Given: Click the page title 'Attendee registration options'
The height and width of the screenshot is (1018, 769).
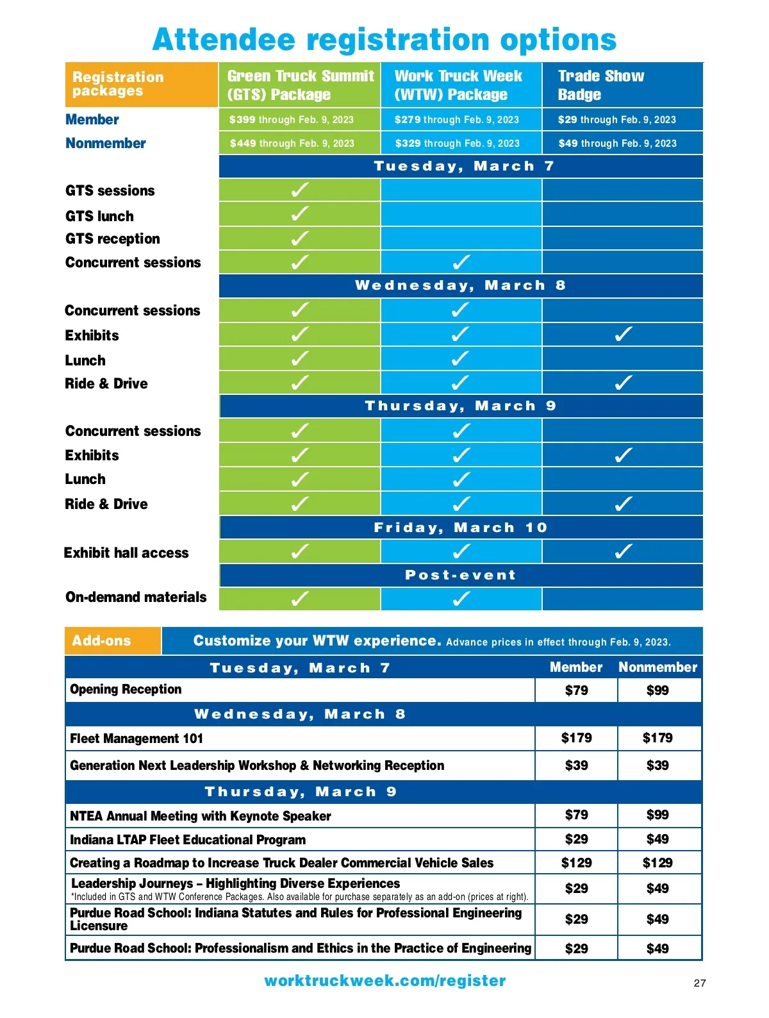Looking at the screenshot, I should (384, 40).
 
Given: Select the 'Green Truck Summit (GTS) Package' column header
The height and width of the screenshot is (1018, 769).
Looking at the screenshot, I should (300, 85).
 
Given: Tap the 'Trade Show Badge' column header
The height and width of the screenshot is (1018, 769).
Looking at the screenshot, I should (600, 85).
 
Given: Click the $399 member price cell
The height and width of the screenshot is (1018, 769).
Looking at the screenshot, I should (292, 120).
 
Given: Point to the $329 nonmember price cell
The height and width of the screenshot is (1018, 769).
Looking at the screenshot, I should (457, 144).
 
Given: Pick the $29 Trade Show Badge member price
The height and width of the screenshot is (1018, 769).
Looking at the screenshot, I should (616, 120).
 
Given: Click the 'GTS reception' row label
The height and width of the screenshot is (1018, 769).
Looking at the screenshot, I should (113, 239).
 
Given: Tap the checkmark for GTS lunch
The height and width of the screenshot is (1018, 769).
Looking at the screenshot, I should (299, 214).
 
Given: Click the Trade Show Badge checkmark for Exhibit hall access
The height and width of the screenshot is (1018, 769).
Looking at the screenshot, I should (623, 551).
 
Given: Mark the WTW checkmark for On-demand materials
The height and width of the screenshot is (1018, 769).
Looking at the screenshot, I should (461, 599).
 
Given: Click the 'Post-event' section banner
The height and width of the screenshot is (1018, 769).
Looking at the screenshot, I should (460, 575).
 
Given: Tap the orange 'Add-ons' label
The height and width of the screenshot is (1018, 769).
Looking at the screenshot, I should (101, 641).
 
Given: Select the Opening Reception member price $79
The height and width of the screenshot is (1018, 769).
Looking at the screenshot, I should (576, 690).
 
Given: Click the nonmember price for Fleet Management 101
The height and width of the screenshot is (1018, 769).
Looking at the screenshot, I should (657, 738).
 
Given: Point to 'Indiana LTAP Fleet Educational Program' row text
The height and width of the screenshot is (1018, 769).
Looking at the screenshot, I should (188, 840).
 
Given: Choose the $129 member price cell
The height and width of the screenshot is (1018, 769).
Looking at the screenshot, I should (576, 863).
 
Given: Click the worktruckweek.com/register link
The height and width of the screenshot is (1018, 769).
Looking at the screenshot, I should (384, 981).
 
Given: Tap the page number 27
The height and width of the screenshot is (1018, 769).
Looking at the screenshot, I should (700, 983).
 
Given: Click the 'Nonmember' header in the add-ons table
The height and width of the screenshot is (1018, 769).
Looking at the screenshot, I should (657, 667).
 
